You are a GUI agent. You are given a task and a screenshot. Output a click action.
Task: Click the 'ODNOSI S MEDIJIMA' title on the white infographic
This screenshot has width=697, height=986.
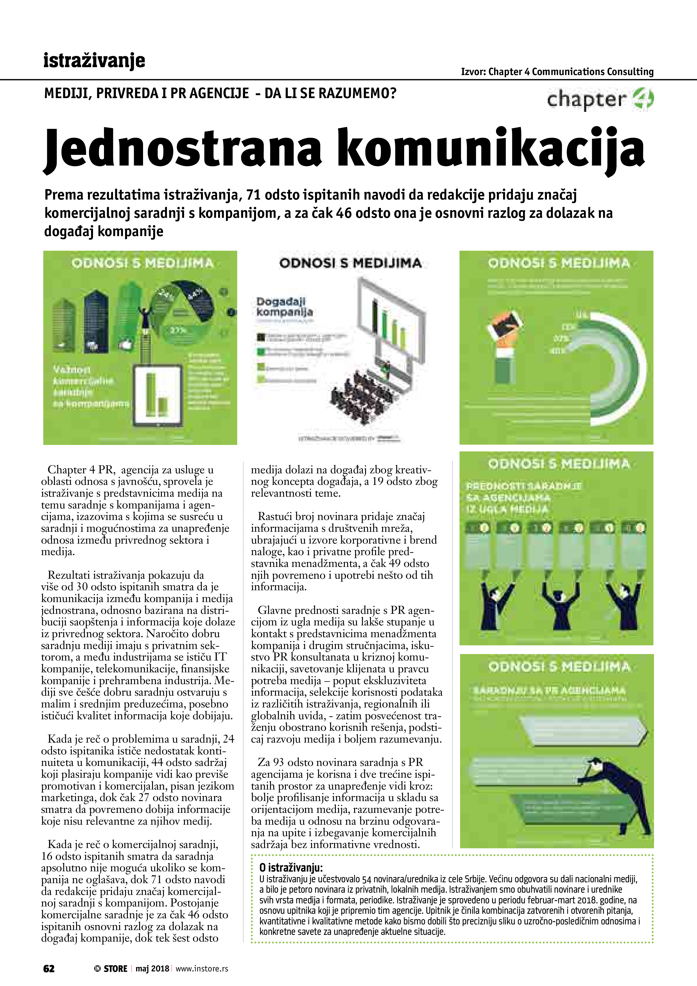[x=350, y=263]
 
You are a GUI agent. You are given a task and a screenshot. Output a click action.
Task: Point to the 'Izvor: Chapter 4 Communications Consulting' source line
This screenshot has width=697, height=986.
[x=557, y=72]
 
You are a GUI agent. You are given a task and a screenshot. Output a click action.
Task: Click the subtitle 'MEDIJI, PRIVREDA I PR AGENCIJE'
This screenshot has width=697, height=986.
[x=146, y=93]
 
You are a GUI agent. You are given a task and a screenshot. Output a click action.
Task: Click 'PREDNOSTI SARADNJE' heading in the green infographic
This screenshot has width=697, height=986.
[x=524, y=486]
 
